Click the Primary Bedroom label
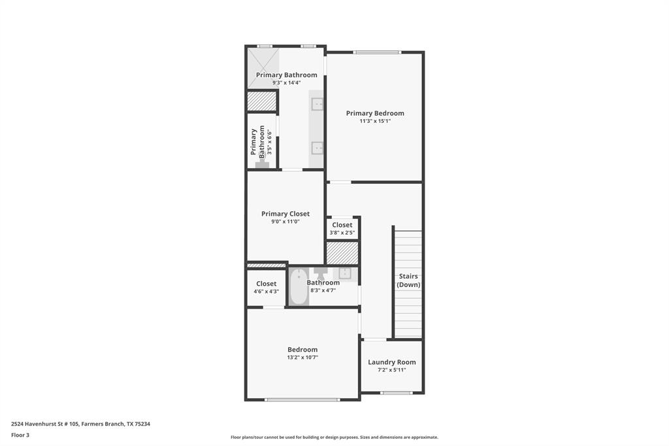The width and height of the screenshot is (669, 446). coord(375,113)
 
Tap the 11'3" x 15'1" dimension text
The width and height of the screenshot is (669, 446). coord(375,121)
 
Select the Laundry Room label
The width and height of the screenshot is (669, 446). coord(391,362)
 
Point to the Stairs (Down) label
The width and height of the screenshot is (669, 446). coord(409,281)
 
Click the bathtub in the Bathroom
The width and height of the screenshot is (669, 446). coord(299,286)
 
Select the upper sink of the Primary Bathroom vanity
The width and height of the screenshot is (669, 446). coord(318,104)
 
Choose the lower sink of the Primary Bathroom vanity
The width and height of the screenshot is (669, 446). coord(318,147)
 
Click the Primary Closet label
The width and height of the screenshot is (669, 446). coord(286,214)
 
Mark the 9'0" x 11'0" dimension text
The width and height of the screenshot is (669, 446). coord(286,222)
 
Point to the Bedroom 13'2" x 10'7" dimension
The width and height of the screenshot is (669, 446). coord(302,357)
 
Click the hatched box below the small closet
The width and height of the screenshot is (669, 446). coord(342,253)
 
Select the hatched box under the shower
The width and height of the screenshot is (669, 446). coord(262,101)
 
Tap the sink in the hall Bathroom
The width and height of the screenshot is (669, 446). coord(345,273)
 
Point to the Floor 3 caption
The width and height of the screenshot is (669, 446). coord(20,435)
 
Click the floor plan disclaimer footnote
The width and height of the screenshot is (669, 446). coord(334,437)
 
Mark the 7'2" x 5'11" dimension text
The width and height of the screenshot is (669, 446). coord(391,370)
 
